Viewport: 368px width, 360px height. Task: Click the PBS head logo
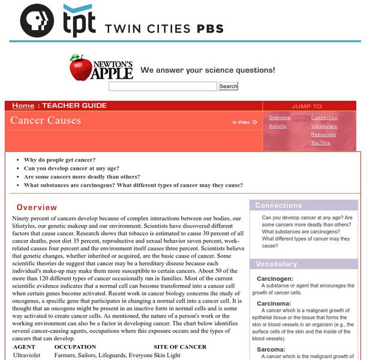(37, 22)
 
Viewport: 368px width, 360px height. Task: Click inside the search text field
(162, 86)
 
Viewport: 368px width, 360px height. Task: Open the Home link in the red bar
(23, 106)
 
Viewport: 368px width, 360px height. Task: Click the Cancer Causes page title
(46, 120)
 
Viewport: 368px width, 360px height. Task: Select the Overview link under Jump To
(280, 118)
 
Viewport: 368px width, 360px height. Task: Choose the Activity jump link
(277, 126)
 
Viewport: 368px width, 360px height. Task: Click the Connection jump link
(324, 118)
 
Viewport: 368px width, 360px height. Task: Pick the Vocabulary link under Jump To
(324, 126)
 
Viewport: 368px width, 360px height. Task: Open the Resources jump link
(324, 134)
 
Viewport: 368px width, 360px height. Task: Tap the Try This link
(321, 143)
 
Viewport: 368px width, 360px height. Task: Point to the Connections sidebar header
(279, 205)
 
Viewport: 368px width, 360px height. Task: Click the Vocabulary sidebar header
(276, 264)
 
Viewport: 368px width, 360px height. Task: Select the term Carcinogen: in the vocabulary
(275, 279)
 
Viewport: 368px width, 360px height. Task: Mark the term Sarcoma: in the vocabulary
(271, 347)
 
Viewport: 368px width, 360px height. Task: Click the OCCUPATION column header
(70, 347)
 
